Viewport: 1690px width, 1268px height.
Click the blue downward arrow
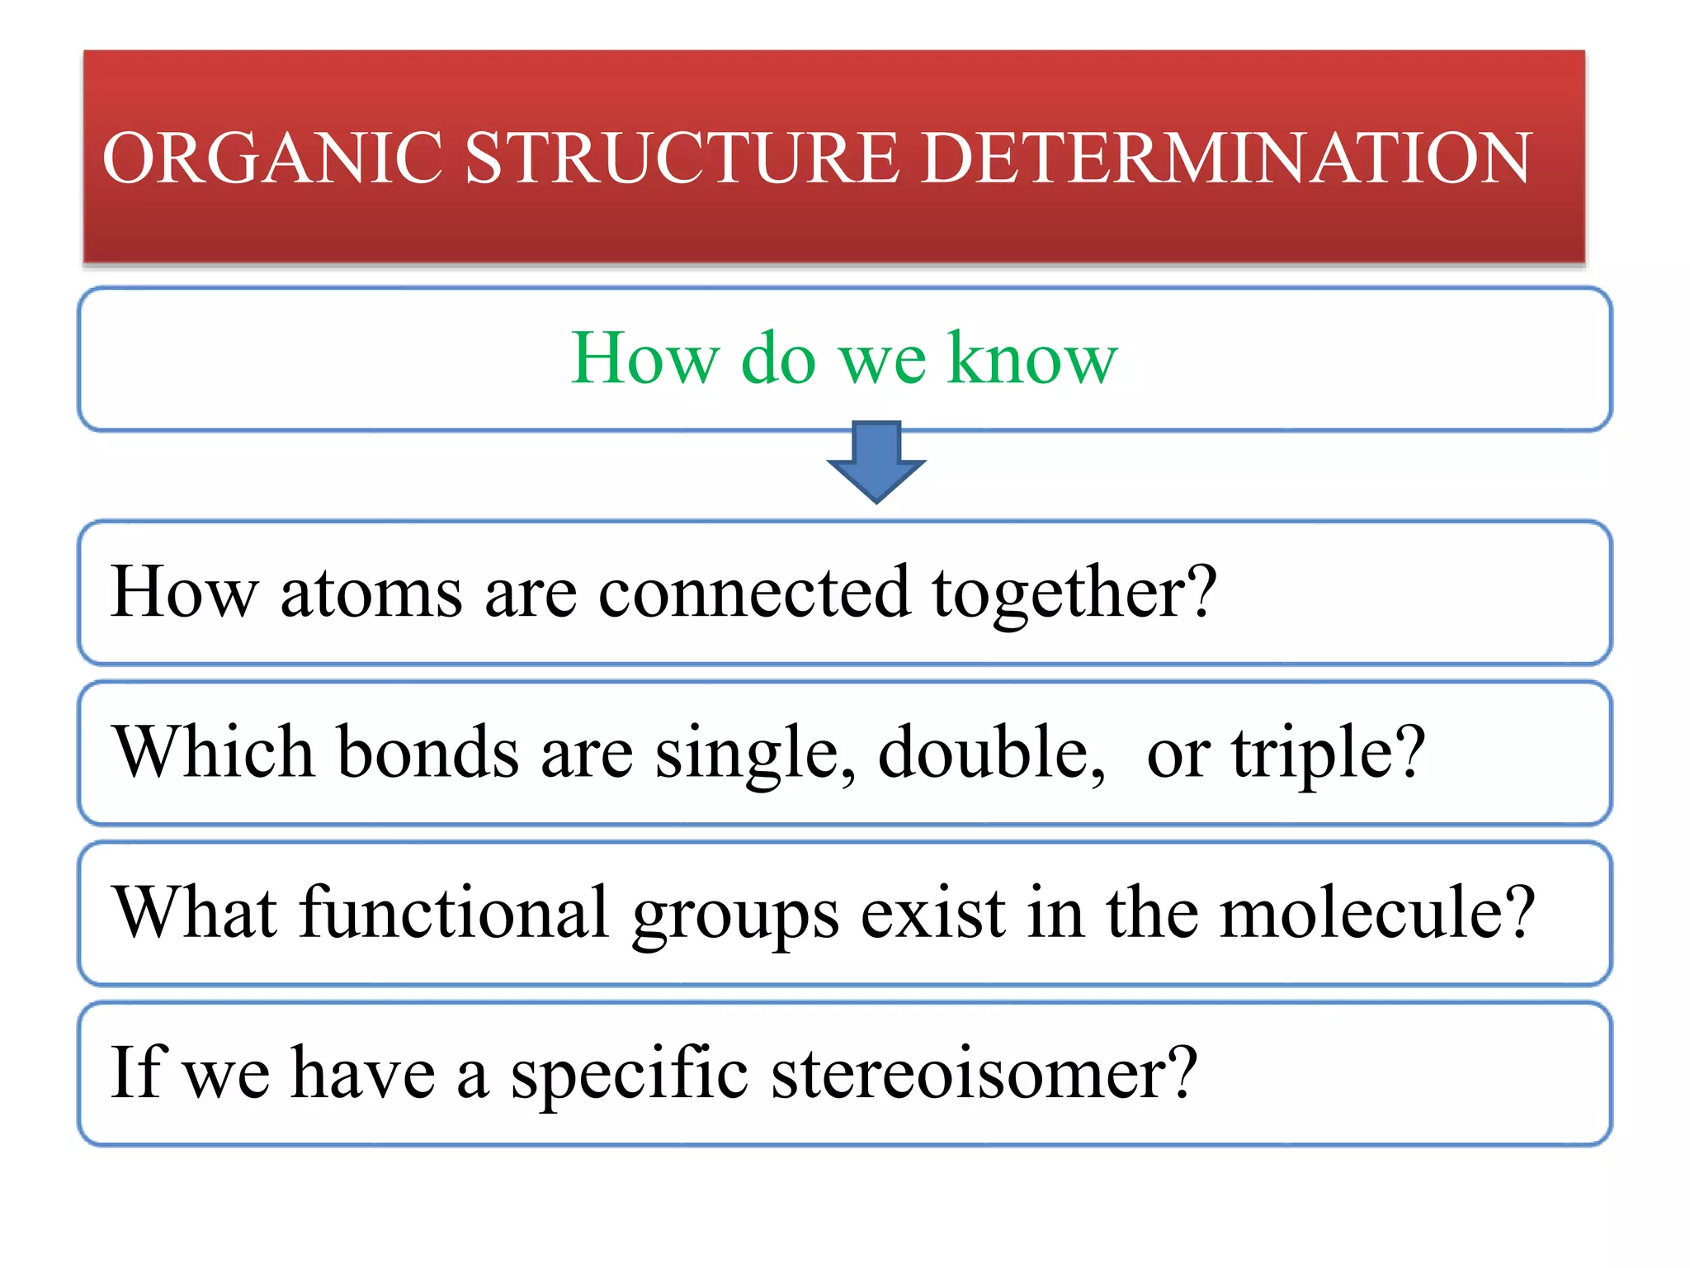coord(876,462)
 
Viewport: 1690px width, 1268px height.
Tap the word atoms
coord(371,592)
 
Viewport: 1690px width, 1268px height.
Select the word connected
coord(754,592)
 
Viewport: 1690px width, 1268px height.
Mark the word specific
coord(630,1073)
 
